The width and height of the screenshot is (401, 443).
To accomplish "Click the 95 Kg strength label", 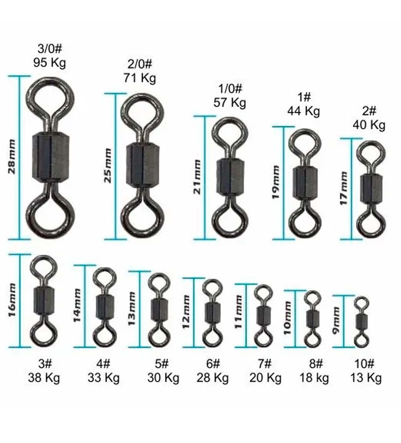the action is coord(50,63).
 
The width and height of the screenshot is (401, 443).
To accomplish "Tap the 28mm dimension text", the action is coord(11,157).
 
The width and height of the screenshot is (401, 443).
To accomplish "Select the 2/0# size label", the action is coord(140,64).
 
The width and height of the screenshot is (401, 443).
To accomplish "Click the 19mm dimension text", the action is coord(276,182).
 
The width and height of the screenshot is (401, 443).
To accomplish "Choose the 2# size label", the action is coord(369,111).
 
